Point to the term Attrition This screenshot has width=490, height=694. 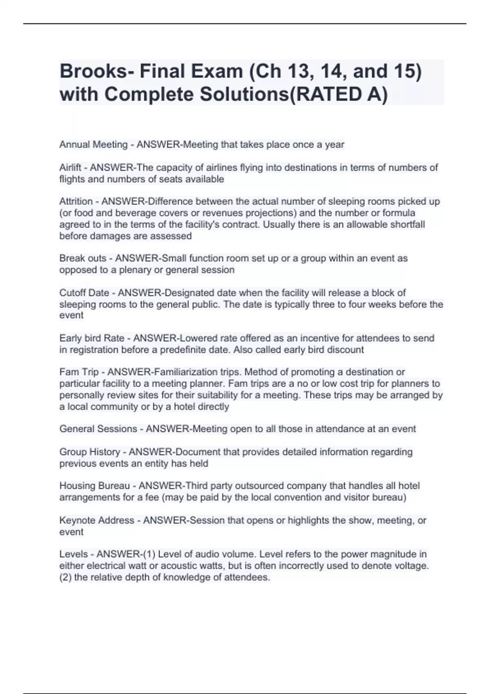pos(76,201)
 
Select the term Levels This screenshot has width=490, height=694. pos(73,554)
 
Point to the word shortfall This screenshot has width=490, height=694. pos(406,225)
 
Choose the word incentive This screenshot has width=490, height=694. pos(317,338)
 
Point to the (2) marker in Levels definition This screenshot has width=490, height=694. pos(65,577)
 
